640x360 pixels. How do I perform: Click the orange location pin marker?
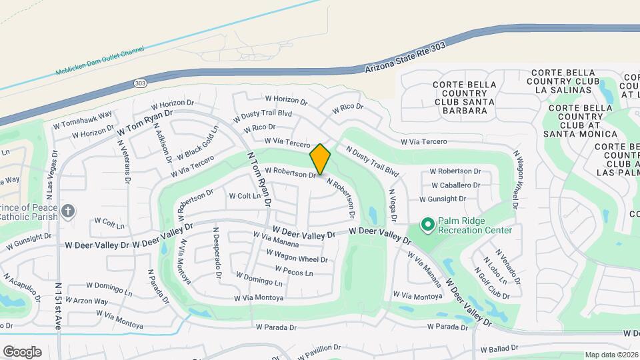click(320, 159)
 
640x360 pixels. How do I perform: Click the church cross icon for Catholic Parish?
click(67, 211)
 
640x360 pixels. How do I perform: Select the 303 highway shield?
click(139, 83)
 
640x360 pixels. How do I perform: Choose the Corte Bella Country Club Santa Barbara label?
click(464, 97)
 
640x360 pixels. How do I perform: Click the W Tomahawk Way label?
click(83, 119)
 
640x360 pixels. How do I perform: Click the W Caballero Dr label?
click(456, 185)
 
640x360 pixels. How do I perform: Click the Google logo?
click(22, 352)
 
